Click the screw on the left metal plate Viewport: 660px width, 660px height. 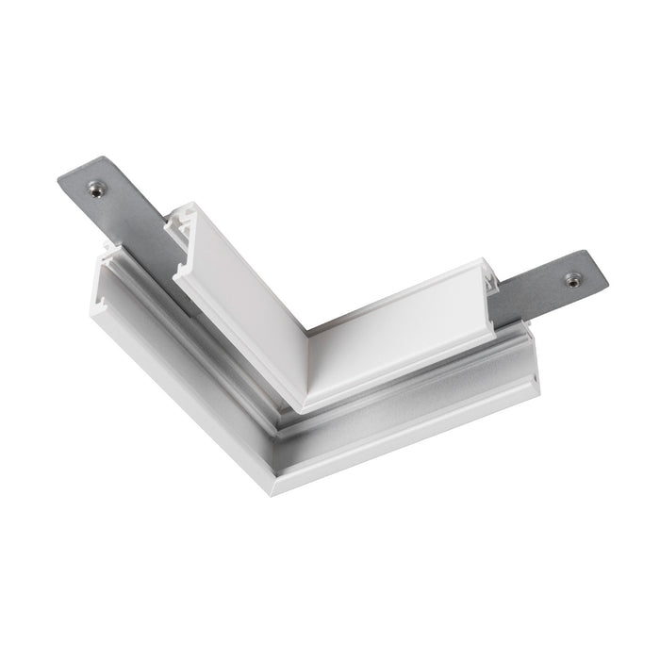(x=96, y=189)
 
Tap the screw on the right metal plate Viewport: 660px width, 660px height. (x=572, y=279)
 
